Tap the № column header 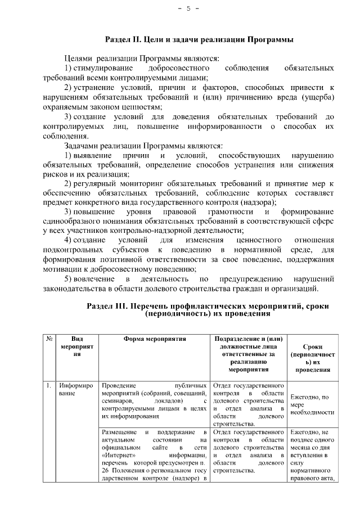[x=49, y=339]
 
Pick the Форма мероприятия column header [x=155, y=339]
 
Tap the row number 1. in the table [x=49, y=386]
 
